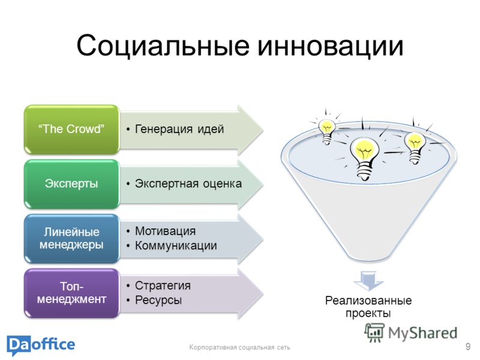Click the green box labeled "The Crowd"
tap(71, 129)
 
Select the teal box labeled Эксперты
tap(71, 184)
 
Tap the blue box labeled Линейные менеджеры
tap(71, 238)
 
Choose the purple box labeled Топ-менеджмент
tap(71, 293)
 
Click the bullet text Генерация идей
tap(179, 129)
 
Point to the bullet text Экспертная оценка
tap(188, 184)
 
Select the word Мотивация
tap(166, 231)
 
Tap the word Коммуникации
tap(176, 245)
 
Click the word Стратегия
tap(163, 286)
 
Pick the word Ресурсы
tap(158, 300)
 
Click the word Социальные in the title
tap(163, 46)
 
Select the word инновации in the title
tap(331, 46)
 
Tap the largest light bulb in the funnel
tap(365, 158)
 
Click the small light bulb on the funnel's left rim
tap(326, 131)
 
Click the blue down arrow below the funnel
tap(368, 281)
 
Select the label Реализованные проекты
tap(368, 307)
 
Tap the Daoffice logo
tap(41, 346)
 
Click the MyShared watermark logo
tap(410, 332)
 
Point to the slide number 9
tap(468, 347)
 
